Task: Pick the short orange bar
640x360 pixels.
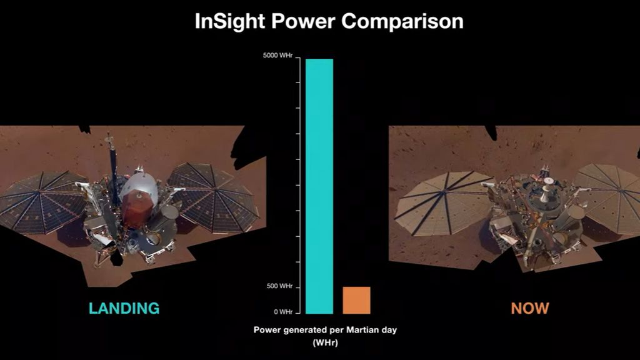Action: click(356, 300)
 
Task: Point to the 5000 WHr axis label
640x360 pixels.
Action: click(278, 56)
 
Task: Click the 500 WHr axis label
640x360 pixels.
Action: click(279, 286)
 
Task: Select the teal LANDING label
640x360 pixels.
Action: click(124, 308)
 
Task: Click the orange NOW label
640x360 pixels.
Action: click(530, 308)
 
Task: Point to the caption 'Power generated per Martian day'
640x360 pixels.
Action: click(325, 331)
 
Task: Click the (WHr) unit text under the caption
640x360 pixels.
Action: click(325, 342)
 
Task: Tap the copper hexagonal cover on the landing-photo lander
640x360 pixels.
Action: click(134, 209)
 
